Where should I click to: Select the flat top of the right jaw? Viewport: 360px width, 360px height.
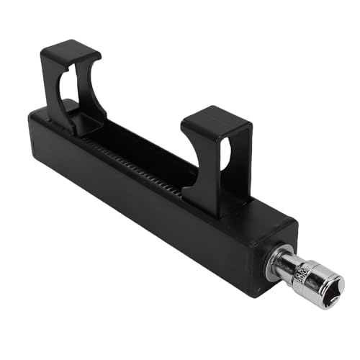coord(217,117)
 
